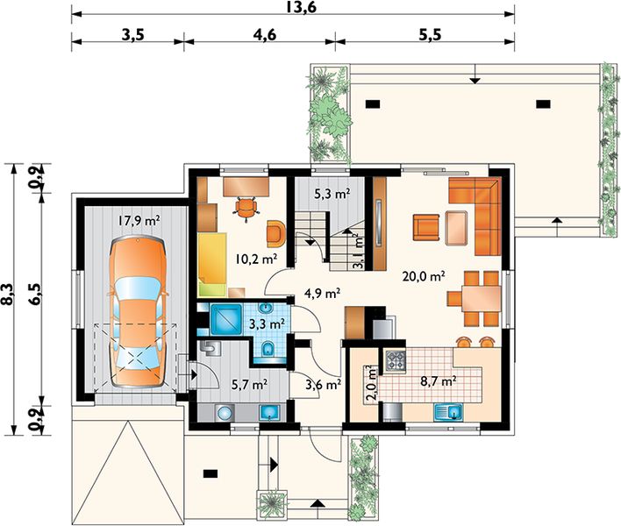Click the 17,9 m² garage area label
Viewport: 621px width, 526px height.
point(139,220)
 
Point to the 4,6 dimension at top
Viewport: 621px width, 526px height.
point(265,35)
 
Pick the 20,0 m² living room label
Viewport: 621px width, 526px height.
point(423,276)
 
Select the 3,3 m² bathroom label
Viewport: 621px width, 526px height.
point(267,324)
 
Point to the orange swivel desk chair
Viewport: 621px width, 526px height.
point(246,208)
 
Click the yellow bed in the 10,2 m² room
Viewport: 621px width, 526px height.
point(212,265)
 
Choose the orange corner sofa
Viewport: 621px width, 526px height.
point(475,216)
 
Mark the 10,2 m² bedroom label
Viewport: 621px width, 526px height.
point(255,259)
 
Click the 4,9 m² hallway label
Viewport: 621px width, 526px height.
point(323,294)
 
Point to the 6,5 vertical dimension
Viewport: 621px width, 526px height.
point(34,295)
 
